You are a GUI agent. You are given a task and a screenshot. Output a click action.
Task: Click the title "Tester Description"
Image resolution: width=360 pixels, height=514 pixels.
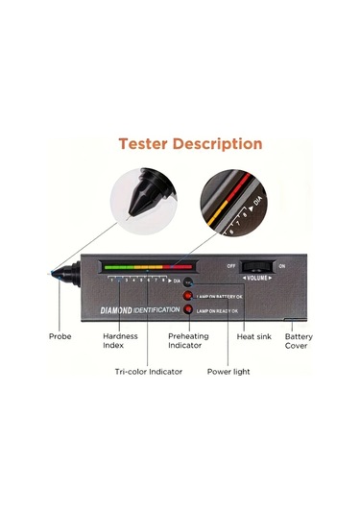click(190, 143)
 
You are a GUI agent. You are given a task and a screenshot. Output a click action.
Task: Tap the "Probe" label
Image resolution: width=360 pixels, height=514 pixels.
click(60, 336)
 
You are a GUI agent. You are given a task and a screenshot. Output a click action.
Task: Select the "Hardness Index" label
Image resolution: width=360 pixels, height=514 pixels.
click(120, 341)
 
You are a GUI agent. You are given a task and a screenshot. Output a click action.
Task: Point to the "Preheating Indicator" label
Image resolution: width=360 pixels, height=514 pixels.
click(188, 341)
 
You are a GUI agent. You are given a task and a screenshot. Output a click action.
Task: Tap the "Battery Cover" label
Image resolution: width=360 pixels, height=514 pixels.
click(298, 341)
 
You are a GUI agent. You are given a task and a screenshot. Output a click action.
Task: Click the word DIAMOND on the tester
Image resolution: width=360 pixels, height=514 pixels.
click(123, 310)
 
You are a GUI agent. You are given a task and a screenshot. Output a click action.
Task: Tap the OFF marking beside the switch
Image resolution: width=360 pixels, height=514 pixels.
click(231, 265)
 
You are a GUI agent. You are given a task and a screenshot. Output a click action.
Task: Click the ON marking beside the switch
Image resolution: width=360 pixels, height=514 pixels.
click(280, 265)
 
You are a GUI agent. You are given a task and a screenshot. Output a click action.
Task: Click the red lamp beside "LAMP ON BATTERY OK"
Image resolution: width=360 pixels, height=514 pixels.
click(189, 296)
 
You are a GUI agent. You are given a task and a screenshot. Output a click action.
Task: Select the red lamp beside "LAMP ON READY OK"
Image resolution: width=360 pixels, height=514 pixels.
click(189, 309)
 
